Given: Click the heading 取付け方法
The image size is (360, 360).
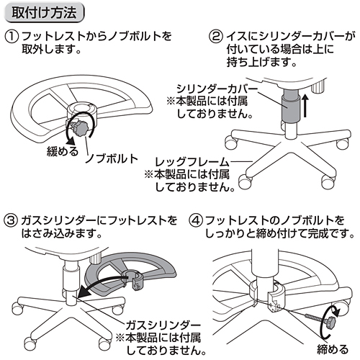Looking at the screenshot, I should (x=45, y=13).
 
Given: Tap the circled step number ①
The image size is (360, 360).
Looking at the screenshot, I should (x=12, y=37).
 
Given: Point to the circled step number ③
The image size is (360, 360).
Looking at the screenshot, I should (x=12, y=218).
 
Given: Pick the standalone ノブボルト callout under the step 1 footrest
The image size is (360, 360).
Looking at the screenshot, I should (x=109, y=158).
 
